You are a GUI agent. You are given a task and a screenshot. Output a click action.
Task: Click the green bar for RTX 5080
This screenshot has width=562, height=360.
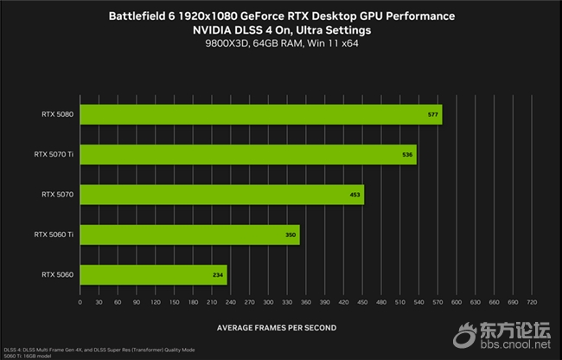(259, 114)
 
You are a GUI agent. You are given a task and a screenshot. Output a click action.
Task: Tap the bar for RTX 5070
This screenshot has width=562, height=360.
(221, 195)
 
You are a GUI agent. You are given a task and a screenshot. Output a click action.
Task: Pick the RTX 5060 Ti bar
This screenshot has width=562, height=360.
(189, 235)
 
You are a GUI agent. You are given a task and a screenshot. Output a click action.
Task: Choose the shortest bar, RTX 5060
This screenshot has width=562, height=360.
(153, 274)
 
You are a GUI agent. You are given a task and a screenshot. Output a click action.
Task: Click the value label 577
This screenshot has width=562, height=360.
(433, 114)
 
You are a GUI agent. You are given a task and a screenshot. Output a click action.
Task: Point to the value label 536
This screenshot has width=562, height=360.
(408, 155)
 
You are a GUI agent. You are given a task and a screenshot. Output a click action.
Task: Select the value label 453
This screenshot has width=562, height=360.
(354, 195)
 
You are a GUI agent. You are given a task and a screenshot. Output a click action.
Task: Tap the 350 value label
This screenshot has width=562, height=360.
(290, 235)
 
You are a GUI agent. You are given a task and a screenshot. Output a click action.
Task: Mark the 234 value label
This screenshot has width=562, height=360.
(217, 274)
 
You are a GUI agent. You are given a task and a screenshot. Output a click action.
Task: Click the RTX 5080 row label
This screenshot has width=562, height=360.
(57, 114)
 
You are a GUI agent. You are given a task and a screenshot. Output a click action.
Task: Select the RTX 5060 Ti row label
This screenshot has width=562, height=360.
(54, 235)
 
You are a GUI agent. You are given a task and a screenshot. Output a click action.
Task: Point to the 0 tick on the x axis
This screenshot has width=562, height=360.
(80, 302)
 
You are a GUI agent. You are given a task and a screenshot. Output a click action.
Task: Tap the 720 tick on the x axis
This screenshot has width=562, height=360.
(532, 302)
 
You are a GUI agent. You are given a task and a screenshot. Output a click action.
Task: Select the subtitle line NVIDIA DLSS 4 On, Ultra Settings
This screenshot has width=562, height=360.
(282, 30)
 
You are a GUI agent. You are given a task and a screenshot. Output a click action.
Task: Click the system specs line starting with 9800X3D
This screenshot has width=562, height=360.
(282, 44)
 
